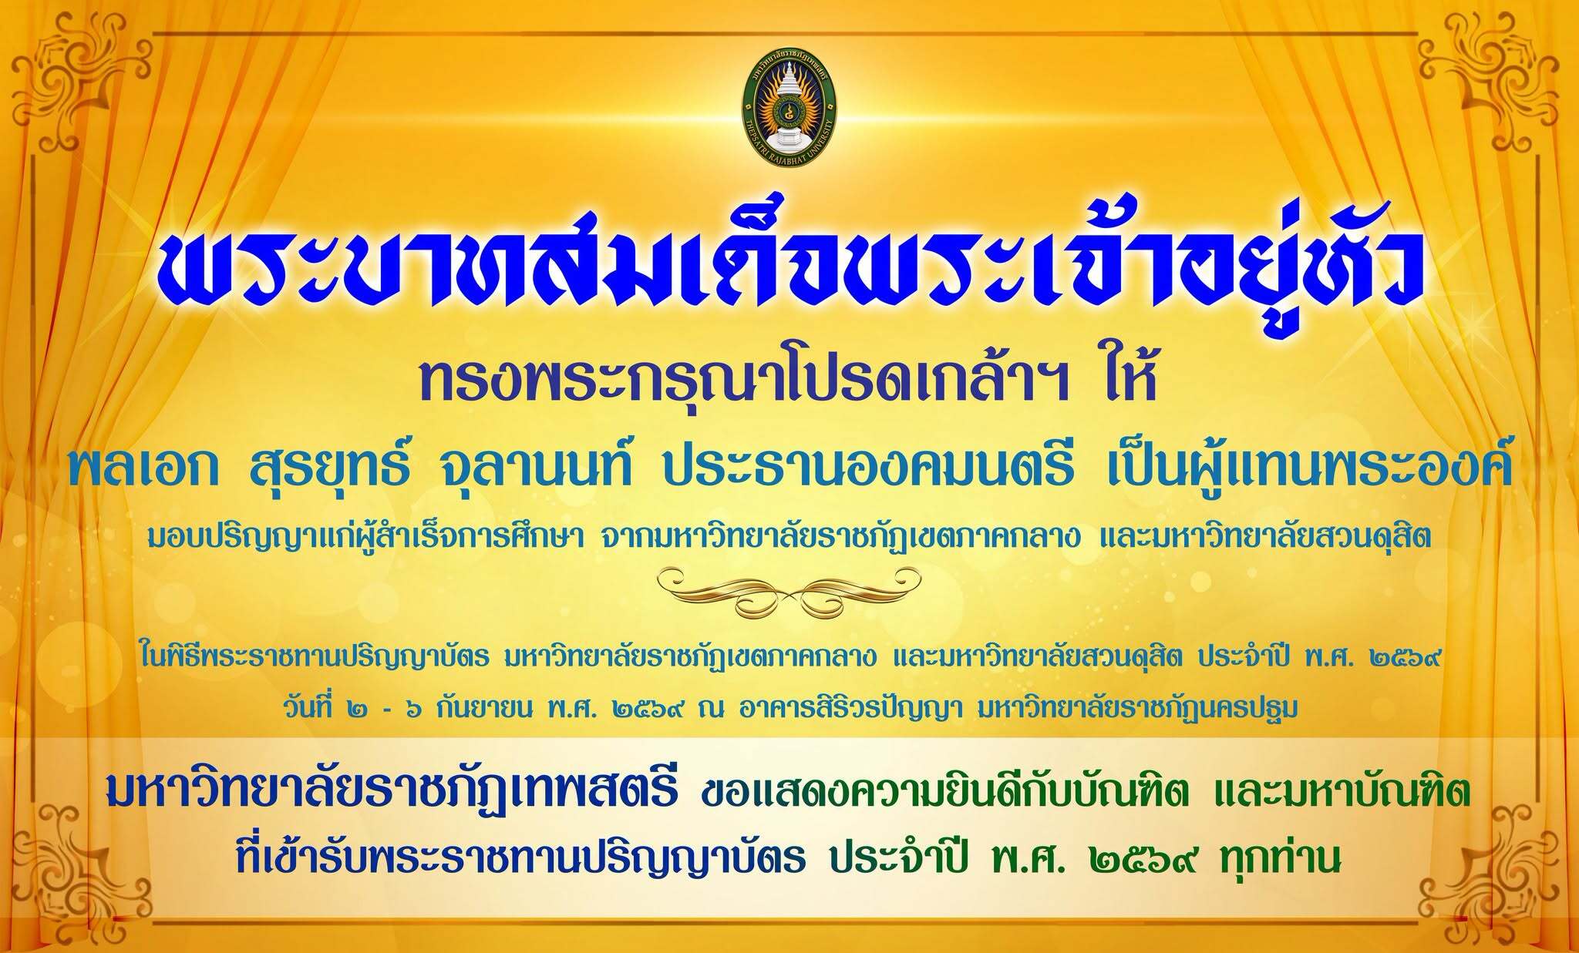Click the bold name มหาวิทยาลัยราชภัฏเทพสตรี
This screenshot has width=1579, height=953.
click(393, 794)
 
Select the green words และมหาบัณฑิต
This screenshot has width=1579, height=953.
click(1342, 794)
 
